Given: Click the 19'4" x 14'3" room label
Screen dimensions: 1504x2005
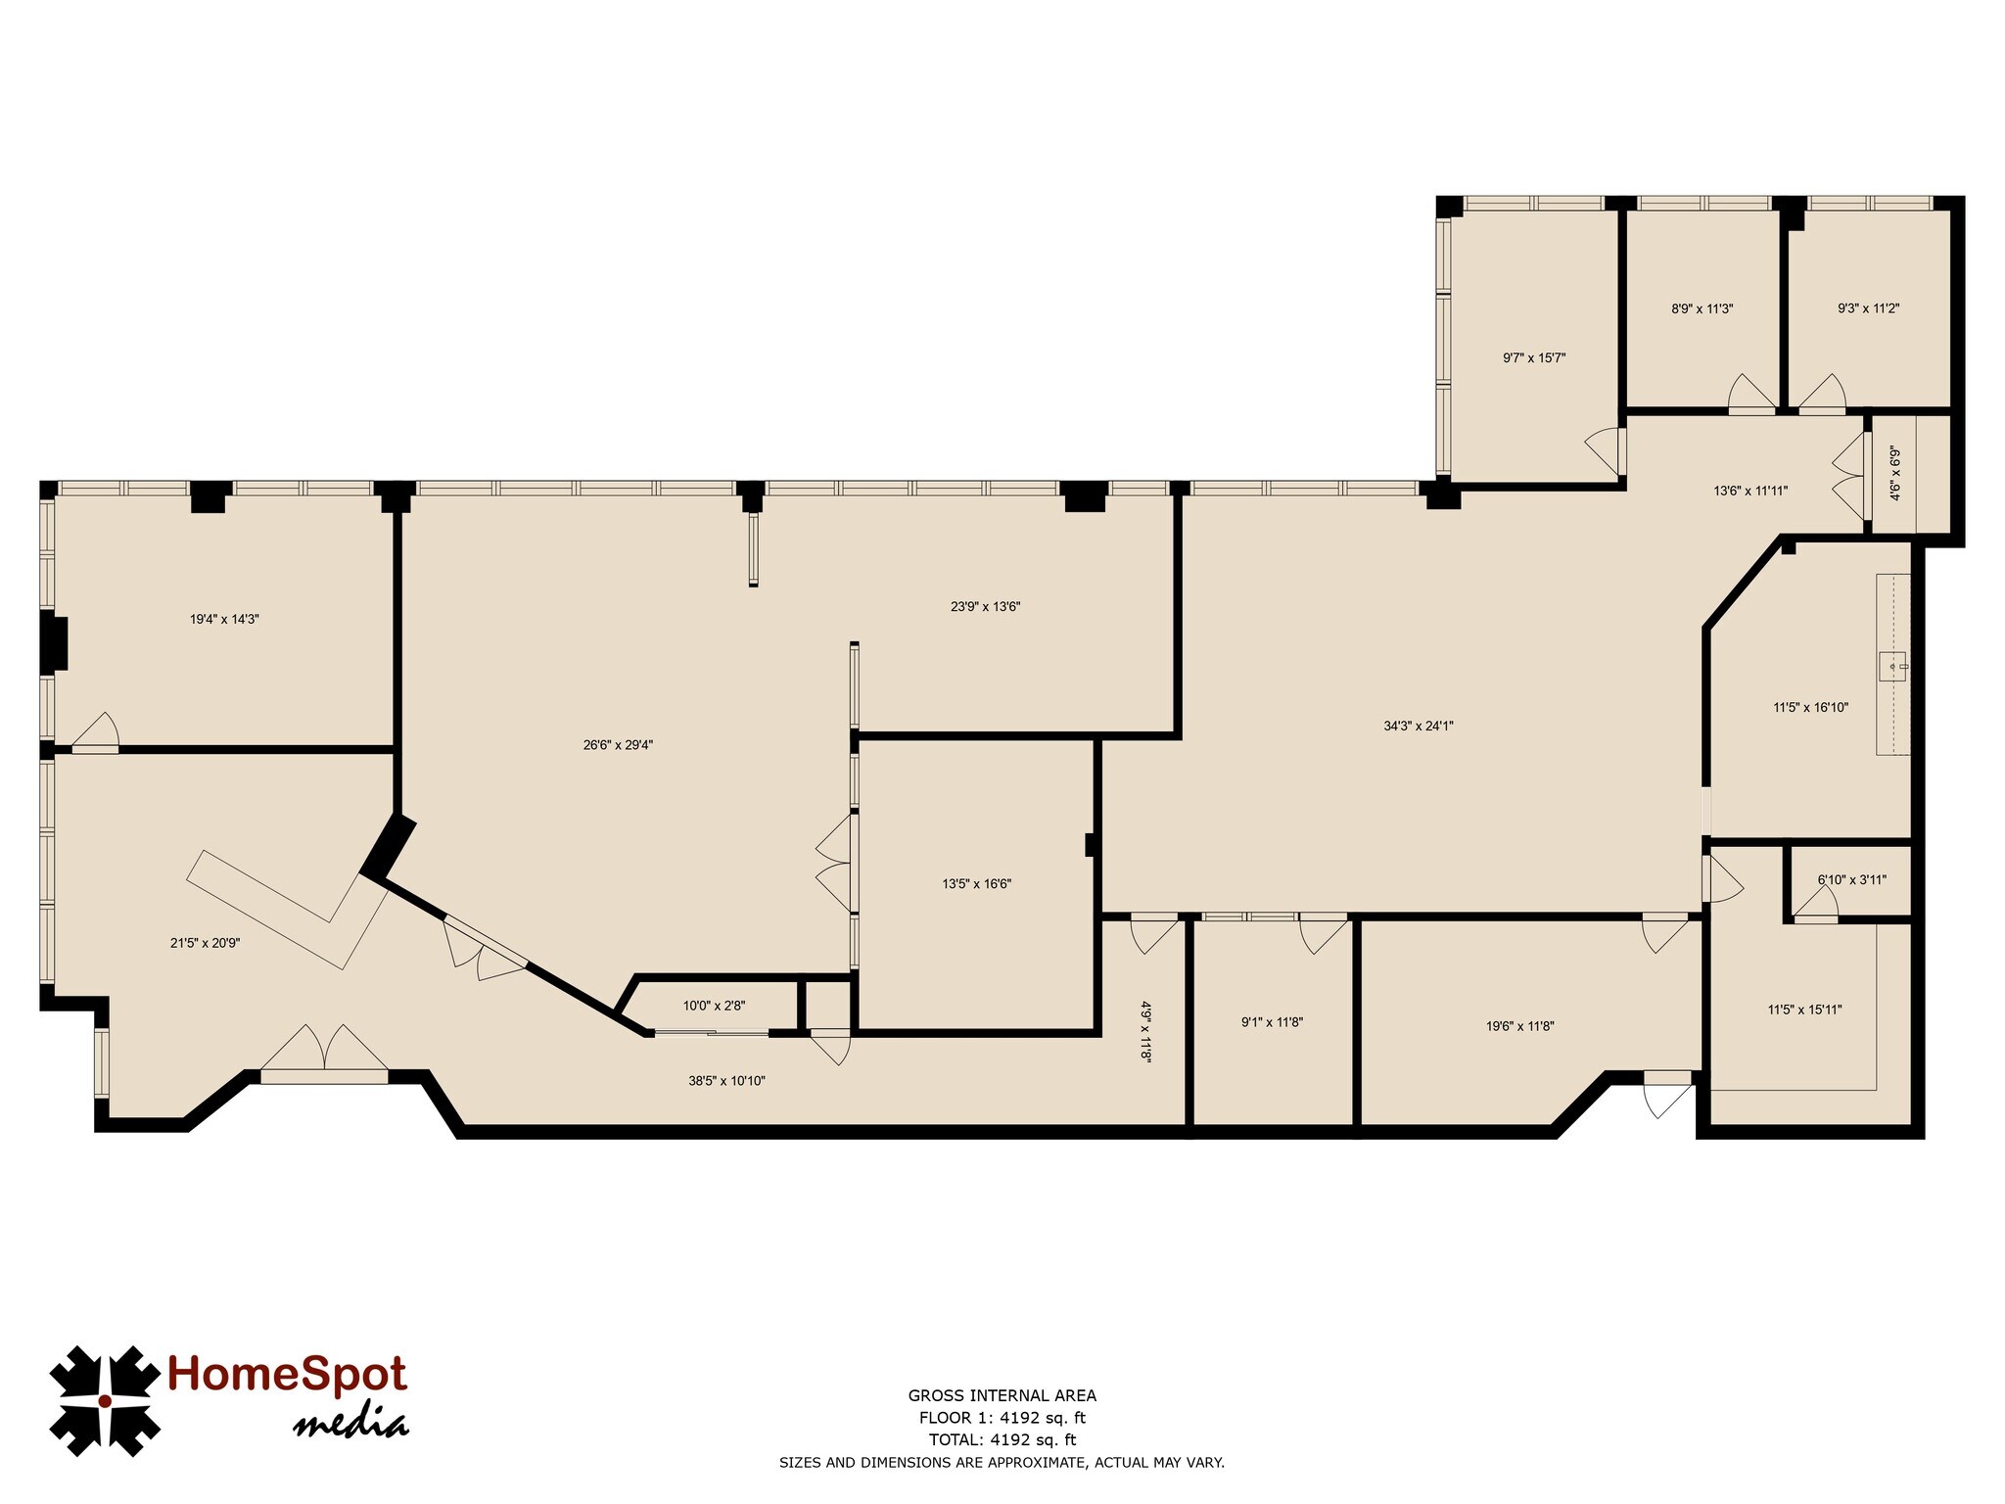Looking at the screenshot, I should (224, 619).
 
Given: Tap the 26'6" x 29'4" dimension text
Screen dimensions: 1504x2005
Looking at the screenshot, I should (618, 744).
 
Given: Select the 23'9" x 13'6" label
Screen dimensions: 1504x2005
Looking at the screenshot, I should (985, 606).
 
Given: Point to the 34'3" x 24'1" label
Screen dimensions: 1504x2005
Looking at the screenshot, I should (1419, 726).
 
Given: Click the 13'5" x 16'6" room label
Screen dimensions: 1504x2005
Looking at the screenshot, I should (976, 883).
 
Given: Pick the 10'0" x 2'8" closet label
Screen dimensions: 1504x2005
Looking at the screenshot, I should (714, 1005).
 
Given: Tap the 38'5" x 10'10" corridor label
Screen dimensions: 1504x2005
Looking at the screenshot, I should (726, 1081).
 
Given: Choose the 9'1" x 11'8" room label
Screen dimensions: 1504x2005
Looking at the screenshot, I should (1272, 1022).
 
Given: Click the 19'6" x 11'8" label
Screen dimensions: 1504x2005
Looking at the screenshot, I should (1519, 1026).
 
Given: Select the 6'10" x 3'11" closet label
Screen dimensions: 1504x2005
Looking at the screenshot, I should (1851, 879).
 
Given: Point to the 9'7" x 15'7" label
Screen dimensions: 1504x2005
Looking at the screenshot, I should (1534, 357).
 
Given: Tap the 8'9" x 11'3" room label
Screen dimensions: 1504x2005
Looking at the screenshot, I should (1702, 308).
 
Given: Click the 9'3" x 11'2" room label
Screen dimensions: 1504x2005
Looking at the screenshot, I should (1868, 307).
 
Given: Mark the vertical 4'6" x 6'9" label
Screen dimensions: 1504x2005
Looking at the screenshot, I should (1894, 474).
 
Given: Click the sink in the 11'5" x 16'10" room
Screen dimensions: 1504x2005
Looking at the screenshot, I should (1893, 667).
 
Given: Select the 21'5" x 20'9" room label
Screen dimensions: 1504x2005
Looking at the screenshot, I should (205, 943).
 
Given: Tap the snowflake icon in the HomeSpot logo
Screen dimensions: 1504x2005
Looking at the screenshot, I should (105, 1400).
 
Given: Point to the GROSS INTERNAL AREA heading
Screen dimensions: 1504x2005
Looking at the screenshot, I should (1002, 1395).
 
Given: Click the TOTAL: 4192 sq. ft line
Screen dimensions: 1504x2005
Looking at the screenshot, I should (1002, 1439).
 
